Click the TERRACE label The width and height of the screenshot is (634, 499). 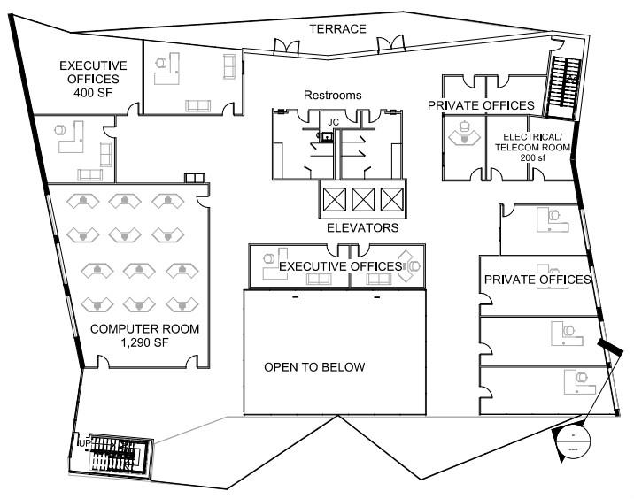pyautogui.click(x=337, y=29)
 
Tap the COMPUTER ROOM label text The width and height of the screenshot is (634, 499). pyautogui.click(x=144, y=329)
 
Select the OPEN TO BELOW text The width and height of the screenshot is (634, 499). pyautogui.click(x=313, y=367)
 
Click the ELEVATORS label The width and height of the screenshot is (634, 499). pyautogui.click(x=362, y=227)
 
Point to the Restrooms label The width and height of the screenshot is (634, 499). pyautogui.click(x=333, y=95)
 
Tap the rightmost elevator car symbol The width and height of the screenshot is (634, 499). pyautogui.click(x=390, y=199)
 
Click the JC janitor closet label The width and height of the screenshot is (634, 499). pyautogui.click(x=334, y=121)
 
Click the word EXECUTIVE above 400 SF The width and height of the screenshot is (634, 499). pyautogui.click(x=92, y=65)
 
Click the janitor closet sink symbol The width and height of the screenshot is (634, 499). pyautogui.click(x=328, y=137)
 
